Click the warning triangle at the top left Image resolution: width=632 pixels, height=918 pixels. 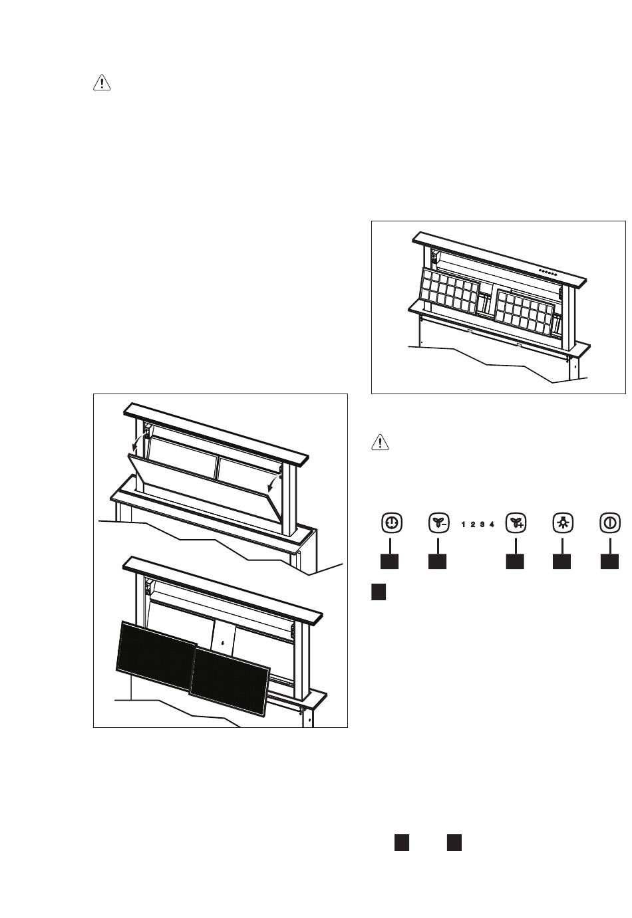pos(101,83)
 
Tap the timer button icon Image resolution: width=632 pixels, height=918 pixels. pos(391,523)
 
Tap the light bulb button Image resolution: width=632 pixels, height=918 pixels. pos(561,523)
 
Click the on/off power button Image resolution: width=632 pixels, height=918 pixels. pos(609,523)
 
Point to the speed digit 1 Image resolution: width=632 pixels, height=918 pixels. pos(463,524)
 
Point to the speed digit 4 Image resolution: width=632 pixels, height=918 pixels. pos(492,524)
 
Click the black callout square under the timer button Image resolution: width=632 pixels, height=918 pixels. pos(390,561)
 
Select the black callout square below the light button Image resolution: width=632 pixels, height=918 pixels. pos(561,561)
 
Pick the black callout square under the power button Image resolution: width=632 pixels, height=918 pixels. pos(609,561)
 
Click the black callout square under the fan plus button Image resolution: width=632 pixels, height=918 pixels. pos(514,561)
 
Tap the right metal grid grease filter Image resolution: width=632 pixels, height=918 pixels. pos(525,311)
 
